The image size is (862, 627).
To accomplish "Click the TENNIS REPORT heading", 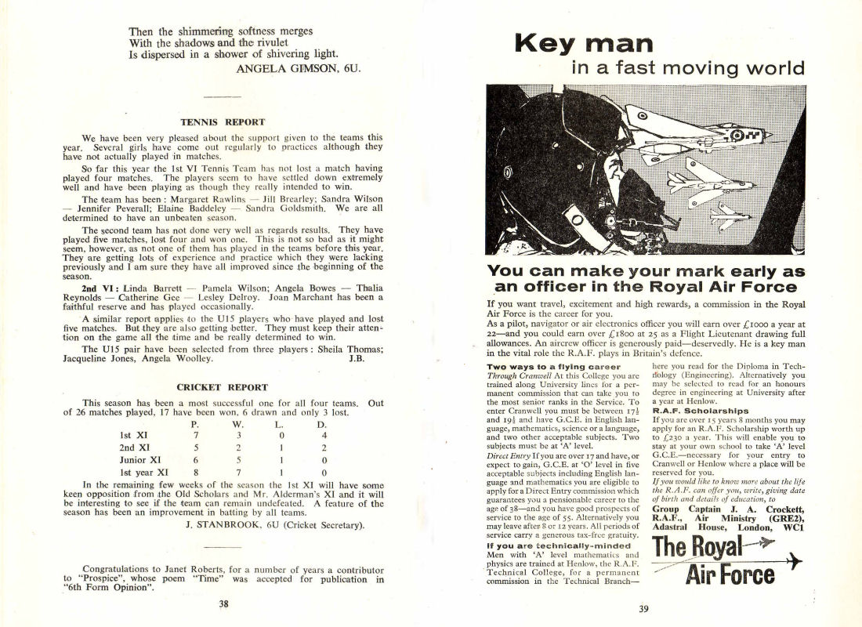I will [223, 122].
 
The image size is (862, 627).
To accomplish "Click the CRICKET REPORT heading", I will [222, 387].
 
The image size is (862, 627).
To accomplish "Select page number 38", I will [223, 604].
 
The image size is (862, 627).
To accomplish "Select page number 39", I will [643, 609].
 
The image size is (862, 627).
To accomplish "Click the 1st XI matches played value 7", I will [197, 434].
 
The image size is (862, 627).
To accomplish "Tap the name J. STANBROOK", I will [223, 524].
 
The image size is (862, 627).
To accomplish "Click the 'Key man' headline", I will [583, 43].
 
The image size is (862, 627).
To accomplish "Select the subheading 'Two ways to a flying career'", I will [553, 366].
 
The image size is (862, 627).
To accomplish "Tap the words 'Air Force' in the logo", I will [730, 576].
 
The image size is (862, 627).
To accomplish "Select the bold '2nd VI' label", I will [99, 288].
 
